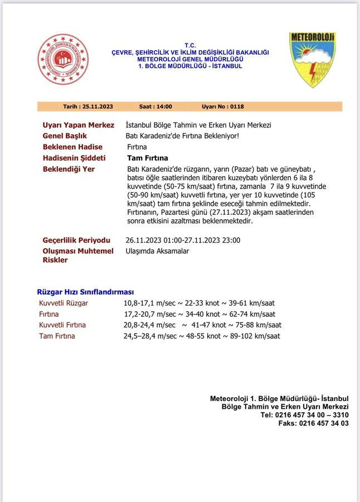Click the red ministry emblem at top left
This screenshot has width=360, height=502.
coord(63,59)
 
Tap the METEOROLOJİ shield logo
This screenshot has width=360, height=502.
coord(312,59)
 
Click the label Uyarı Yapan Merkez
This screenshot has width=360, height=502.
coord(78,126)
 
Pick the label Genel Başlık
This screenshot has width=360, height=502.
coord(65,136)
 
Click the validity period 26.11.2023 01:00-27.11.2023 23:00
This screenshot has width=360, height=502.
coord(183,240)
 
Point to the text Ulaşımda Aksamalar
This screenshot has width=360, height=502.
coord(157,251)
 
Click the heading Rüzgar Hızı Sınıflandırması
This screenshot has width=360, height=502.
coord(85,292)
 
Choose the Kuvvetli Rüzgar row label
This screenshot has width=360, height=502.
coord(64,303)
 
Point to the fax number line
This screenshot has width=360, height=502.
coord(313,423)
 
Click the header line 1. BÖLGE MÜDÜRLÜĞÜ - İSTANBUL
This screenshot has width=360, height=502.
coord(190,66)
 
